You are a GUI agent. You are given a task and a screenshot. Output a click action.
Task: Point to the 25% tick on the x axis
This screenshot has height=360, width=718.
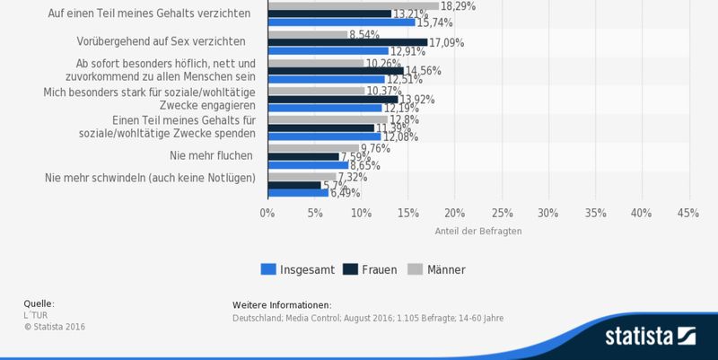coord(501,213)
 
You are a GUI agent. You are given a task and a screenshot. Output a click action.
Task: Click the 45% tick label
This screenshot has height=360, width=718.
coord(688,213)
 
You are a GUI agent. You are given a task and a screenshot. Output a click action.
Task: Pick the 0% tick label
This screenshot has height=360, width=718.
coord(267,213)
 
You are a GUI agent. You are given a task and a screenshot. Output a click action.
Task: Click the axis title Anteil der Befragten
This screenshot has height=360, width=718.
coord(477,231)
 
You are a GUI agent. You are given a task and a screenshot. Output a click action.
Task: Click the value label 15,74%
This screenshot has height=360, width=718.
coord(436,22)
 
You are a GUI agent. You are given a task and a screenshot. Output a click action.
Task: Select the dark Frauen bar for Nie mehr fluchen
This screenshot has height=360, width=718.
coord(302,156)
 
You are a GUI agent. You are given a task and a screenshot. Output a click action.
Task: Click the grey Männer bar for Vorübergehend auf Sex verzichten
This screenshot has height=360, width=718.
coord(306,34)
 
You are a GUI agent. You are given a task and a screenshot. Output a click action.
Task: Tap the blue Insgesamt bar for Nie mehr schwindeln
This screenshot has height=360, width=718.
coord(297,191)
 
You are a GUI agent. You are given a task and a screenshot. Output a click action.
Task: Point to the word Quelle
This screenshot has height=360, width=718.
coord(39,303)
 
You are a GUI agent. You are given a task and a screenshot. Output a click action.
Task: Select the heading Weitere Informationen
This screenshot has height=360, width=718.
coord(282,305)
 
